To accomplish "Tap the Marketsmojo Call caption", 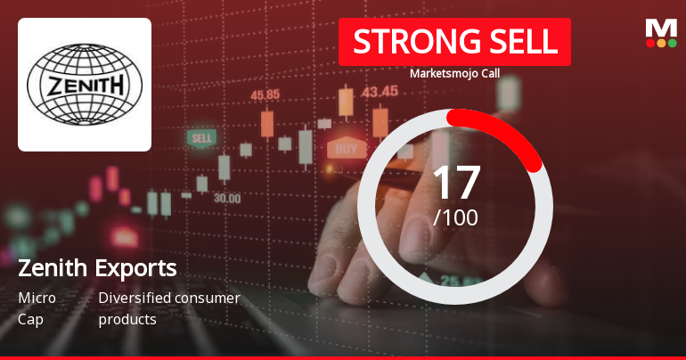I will tap(454, 73).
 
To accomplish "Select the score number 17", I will tap(455, 182).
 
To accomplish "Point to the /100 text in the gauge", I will tap(455, 217).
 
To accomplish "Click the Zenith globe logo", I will tap(85, 85).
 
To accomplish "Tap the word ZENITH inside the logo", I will tap(85, 86).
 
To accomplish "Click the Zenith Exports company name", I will tap(97, 267).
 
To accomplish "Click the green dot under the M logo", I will tap(672, 43).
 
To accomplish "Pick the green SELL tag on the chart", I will tap(201, 138).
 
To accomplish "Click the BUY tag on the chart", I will tap(347, 148).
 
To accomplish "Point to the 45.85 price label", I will tap(265, 94).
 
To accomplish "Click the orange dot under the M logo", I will tap(661, 43).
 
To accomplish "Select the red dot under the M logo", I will tap(650, 43).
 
